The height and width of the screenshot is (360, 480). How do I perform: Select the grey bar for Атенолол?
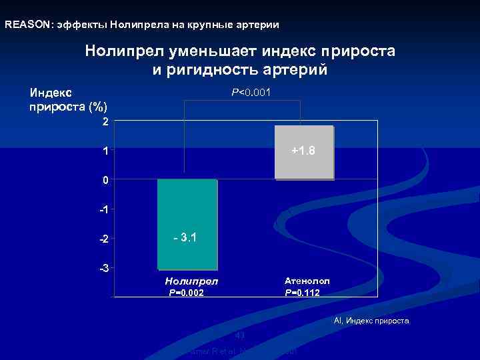click(x=304, y=167)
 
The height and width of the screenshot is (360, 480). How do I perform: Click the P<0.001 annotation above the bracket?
click(x=251, y=92)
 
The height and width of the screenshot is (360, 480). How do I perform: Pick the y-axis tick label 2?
click(x=105, y=122)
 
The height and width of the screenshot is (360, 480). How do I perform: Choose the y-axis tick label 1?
click(x=105, y=151)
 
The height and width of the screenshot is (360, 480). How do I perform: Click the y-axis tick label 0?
click(x=105, y=181)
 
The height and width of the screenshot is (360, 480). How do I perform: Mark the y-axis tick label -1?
click(x=103, y=210)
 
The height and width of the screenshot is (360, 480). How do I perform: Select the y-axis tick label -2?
click(x=103, y=239)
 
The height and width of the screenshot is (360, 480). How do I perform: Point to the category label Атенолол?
click(x=307, y=281)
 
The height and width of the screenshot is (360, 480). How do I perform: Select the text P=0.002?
click(x=187, y=293)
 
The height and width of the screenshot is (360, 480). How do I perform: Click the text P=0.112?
click(x=302, y=293)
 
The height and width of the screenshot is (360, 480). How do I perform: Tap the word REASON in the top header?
click(x=27, y=25)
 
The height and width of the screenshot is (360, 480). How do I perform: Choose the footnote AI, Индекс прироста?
click(x=371, y=321)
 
